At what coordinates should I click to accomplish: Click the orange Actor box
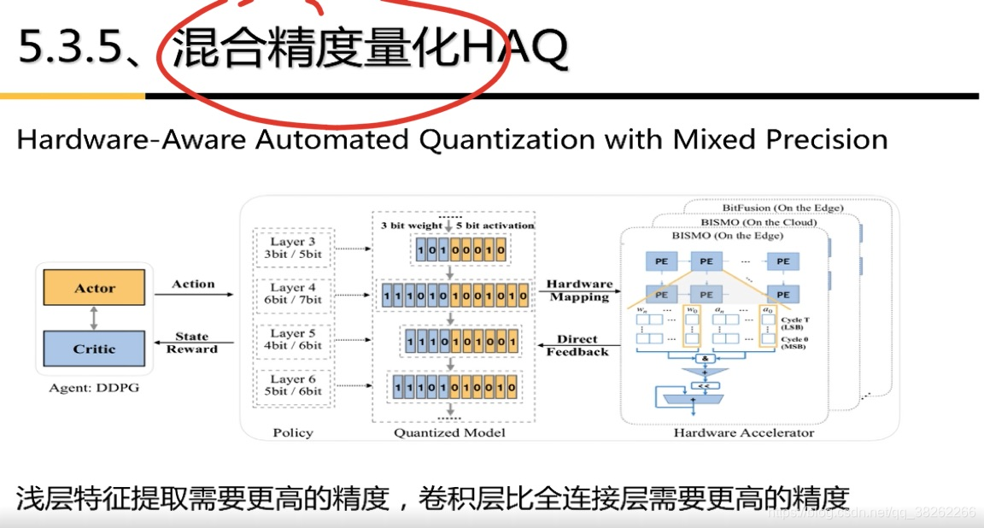click(94, 289)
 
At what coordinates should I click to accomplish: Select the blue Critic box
click(94, 349)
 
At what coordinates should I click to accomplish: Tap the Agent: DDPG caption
click(94, 389)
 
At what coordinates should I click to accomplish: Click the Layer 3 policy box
click(292, 248)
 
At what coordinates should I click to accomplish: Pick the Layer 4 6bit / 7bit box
click(292, 294)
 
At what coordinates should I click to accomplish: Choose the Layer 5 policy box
click(292, 339)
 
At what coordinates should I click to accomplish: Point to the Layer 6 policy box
click(292, 385)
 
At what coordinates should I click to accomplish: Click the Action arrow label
click(193, 284)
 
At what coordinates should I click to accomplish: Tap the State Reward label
click(191, 343)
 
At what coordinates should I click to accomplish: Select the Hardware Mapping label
click(579, 290)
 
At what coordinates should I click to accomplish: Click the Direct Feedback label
click(577, 345)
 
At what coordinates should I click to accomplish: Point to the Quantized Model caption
click(449, 433)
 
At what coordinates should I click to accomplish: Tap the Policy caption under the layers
click(293, 433)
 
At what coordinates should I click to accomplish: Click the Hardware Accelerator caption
click(743, 433)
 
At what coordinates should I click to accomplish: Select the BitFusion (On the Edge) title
click(782, 208)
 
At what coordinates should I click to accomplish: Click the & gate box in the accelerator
click(706, 360)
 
